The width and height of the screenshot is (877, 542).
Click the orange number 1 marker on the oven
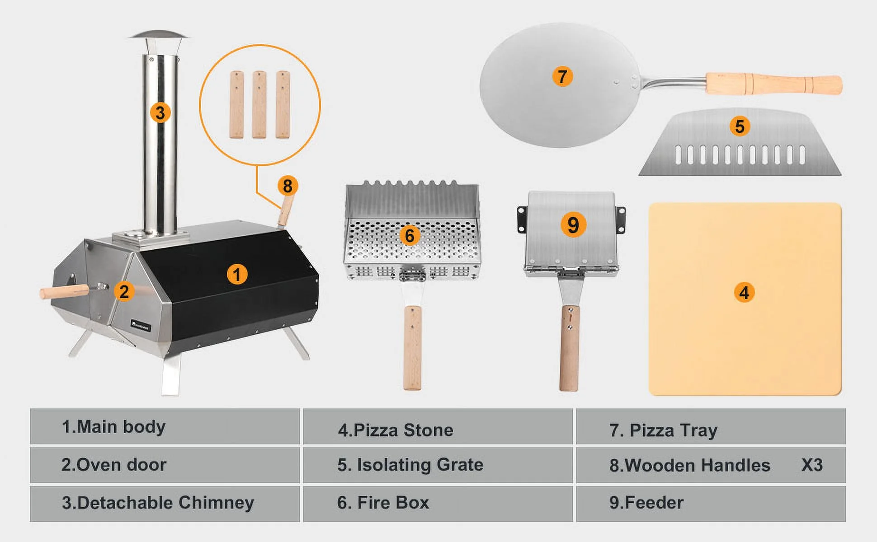click(237, 274)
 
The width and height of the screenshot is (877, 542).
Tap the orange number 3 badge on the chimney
click(160, 112)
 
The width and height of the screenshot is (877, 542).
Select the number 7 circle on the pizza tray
click(562, 76)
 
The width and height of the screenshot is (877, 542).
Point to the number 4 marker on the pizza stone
click(744, 292)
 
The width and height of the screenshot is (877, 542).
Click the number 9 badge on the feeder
click(573, 224)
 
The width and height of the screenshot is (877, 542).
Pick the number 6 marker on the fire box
click(410, 235)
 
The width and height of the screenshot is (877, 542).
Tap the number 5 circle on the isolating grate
click(740, 126)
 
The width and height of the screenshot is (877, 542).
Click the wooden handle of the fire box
click(412, 348)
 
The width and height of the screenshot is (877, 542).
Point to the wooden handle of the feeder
click(570, 348)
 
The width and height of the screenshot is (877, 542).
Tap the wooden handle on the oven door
click(64, 291)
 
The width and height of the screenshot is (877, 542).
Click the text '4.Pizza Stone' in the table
click(396, 430)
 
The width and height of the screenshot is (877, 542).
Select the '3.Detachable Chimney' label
click(158, 503)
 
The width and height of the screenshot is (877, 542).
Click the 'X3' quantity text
click(812, 465)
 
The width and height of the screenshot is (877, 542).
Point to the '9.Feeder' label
click(646, 503)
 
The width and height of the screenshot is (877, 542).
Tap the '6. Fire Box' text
click(383, 503)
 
